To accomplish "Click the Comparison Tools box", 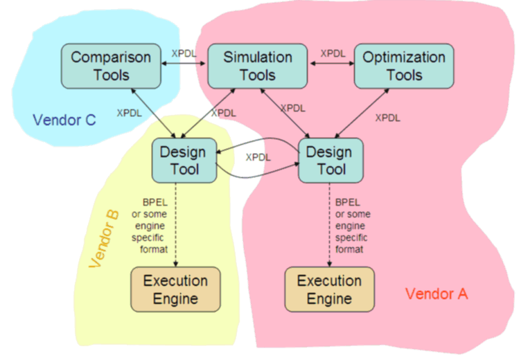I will coord(110,66).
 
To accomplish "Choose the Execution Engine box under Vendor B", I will coord(175,289).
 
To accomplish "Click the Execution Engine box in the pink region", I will coord(329,289).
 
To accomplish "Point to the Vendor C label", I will coord(64,120).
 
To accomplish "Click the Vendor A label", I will coord(437,294).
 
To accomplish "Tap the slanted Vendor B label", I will coord(105,239).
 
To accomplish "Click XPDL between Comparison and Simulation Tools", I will coord(183,53).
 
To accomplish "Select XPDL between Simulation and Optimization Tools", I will coord(333,53).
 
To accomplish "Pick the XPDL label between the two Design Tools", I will coord(258,157).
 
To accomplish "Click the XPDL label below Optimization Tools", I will coord(387,118).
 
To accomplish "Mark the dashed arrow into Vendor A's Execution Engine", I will coord(329,228).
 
